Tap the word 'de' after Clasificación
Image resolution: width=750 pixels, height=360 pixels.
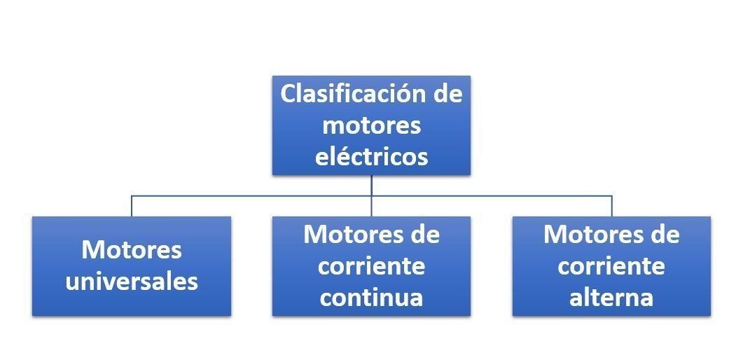pyautogui.click(x=447, y=94)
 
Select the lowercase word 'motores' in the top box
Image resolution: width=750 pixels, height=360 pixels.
pyautogui.click(x=372, y=126)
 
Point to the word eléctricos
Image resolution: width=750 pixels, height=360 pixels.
pyautogui.click(x=372, y=156)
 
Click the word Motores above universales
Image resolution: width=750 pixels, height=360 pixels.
pyautogui.click(x=132, y=249)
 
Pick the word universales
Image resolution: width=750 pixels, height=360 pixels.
pyautogui.click(x=132, y=281)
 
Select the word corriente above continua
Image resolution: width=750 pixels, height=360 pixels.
pyautogui.click(x=372, y=266)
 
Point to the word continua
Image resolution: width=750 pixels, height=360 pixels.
pyautogui.click(x=372, y=297)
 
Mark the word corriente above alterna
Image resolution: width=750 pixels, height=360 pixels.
pyautogui.click(x=611, y=266)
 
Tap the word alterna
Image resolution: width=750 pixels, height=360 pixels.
pyautogui.click(x=611, y=297)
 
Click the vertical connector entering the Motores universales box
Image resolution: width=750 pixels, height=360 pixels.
pyautogui.click(x=132, y=206)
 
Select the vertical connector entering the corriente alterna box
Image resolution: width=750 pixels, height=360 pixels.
pyautogui.click(x=612, y=206)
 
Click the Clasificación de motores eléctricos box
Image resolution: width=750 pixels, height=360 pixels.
pyautogui.click(x=372, y=125)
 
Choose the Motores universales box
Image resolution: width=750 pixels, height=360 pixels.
pyautogui.click(x=132, y=266)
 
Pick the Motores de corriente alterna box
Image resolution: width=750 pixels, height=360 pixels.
pyautogui.click(x=612, y=266)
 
